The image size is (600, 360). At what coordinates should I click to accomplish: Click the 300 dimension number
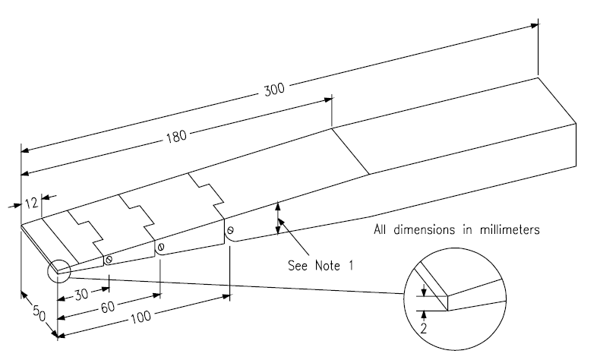[274, 88]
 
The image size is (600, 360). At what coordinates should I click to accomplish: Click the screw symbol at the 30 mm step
[109, 260]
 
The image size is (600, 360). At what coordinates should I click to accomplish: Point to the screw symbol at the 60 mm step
[160, 247]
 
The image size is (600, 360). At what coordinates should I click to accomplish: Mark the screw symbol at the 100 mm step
[230, 230]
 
